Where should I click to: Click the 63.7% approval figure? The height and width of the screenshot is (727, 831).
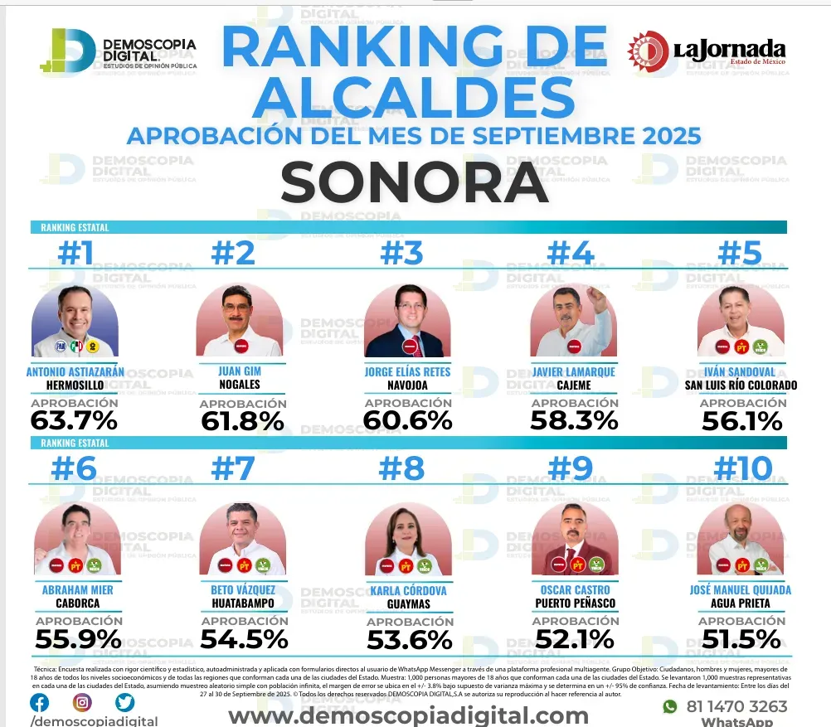coord(74,420)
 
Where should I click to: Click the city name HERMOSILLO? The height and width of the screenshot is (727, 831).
coord(74,385)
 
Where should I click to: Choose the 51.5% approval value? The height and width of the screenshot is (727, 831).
coord(741,639)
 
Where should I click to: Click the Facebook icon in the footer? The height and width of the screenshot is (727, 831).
coord(39,702)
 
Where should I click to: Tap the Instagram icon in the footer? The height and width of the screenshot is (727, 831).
coord(82,702)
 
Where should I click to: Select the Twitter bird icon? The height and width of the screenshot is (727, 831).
coord(125,702)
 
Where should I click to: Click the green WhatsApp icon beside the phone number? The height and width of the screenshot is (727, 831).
coord(670,706)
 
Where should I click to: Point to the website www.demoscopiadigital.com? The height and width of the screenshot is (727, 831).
coord(408,715)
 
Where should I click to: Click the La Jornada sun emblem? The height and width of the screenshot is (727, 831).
coord(647,51)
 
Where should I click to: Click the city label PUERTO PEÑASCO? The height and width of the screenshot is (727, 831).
coord(575,603)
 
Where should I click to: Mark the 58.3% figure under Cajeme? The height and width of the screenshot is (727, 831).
coord(574,420)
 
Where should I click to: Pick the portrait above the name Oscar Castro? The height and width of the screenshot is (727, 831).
coord(574,540)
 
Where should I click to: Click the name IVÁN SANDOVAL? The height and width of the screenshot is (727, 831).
coord(741,371)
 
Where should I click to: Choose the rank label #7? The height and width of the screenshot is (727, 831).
coord(233,469)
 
